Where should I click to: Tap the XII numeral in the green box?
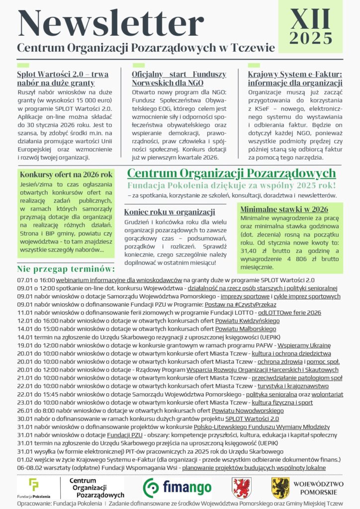(311, 19)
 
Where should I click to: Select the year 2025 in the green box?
(311, 38)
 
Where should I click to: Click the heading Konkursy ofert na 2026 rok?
(66, 175)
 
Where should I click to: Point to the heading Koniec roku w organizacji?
(170, 212)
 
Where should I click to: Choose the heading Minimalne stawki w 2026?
(284, 209)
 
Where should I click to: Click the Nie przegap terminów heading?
(66, 269)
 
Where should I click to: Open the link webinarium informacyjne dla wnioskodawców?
(119, 280)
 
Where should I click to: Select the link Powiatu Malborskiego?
(245, 329)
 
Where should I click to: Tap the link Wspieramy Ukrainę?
(304, 345)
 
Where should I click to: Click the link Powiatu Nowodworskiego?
(248, 411)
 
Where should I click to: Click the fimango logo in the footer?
(178, 488)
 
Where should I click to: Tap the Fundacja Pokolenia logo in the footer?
(34, 488)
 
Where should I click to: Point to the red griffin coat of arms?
(242, 488)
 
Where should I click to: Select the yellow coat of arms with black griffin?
(280, 488)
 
